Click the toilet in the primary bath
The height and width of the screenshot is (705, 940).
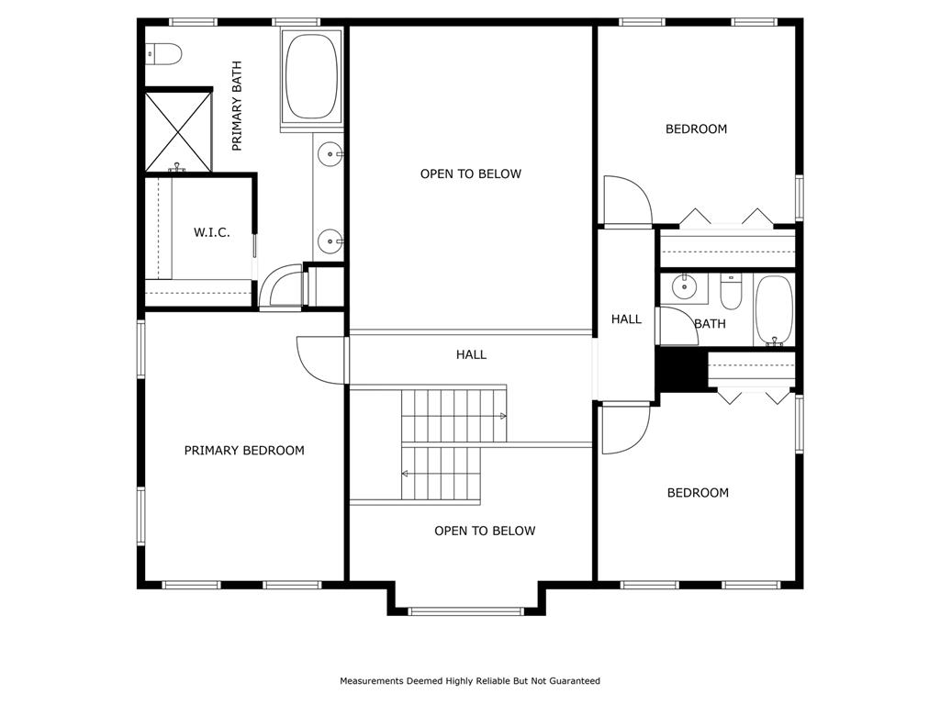pyautogui.click(x=164, y=54)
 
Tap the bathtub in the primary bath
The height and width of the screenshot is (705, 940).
pyautogui.click(x=312, y=76)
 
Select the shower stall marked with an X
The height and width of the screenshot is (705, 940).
pyautogui.click(x=179, y=130)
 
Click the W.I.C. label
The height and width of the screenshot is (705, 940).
pyautogui.click(x=212, y=232)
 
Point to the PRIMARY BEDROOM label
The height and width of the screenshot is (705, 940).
pyautogui.click(x=244, y=450)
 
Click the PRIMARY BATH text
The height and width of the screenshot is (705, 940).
pyautogui.click(x=237, y=106)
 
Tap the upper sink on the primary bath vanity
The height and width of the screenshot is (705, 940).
pyautogui.click(x=330, y=154)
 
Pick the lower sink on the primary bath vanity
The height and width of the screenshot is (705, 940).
pyautogui.click(x=330, y=241)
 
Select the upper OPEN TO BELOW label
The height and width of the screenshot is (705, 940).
pyautogui.click(x=471, y=173)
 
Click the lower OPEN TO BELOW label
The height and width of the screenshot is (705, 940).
pyautogui.click(x=485, y=531)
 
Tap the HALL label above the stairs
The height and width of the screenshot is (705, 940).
pyautogui.click(x=471, y=354)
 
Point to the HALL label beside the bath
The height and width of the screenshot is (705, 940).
pyautogui.click(x=626, y=319)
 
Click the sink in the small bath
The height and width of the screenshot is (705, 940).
pyautogui.click(x=683, y=287)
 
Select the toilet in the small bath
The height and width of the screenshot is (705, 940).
pyautogui.click(x=731, y=292)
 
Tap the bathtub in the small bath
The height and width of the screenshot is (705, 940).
pyautogui.click(x=774, y=310)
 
